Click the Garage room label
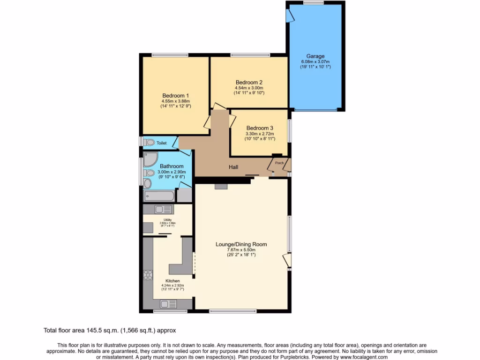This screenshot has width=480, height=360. (x=315, y=56)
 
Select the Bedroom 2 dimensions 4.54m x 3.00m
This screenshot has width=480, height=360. (x=249, y=88)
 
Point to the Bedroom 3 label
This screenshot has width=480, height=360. (x=260, y=128)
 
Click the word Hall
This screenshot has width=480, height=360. (x=234, y=167)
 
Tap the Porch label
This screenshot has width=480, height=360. (x=279, y=163)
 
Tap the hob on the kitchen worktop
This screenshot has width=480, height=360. (x=148, y=275)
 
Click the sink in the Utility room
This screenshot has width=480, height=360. (x=165, y=210)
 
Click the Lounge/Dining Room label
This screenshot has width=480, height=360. (x=241, y=244)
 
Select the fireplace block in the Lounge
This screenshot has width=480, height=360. (x=221, y=187)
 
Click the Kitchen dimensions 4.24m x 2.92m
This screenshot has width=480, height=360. (x=172, y=285)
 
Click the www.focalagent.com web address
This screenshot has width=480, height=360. (x=360, y=357)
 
